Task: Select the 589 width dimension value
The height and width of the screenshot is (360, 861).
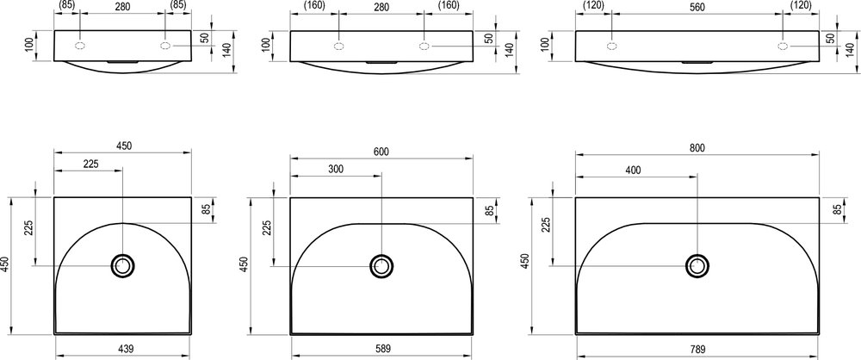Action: pyautogui.click(x=383, y=349)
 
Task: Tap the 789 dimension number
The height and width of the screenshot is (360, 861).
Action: pyautogui.click(x=697, y=349)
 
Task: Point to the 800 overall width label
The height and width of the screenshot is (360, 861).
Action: pyautogui.click(x=697, y=147)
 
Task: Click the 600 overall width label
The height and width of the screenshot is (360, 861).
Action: pyautogui.click(x=381, y=152)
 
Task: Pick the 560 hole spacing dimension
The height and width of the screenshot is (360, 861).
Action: pyautogui.click(x=697, y=7)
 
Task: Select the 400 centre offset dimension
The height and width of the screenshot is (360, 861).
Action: pyautogui.click(x=633, y=170)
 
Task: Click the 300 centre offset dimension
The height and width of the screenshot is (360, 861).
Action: pyautogui.click(x=336, y=169)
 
